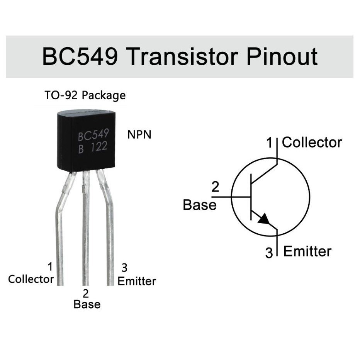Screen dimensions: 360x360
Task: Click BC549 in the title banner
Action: point(80,56)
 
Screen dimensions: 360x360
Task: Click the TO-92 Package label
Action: point(85,95)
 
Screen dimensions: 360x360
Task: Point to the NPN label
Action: point(139,135)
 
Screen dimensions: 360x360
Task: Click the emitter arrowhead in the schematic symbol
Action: point(264,219)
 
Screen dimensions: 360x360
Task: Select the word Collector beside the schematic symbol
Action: point(312,142)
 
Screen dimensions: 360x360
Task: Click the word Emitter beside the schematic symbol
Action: point(307,251)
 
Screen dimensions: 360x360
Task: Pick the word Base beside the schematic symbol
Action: point(199,205)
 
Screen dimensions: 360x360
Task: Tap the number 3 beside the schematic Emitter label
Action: point(269,253)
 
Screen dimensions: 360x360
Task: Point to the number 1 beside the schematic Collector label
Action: point(270,143)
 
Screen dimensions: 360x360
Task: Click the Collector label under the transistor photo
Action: point(31,279)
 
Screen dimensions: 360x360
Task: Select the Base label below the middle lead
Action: point(87,304)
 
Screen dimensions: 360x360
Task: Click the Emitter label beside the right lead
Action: point(137,281)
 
